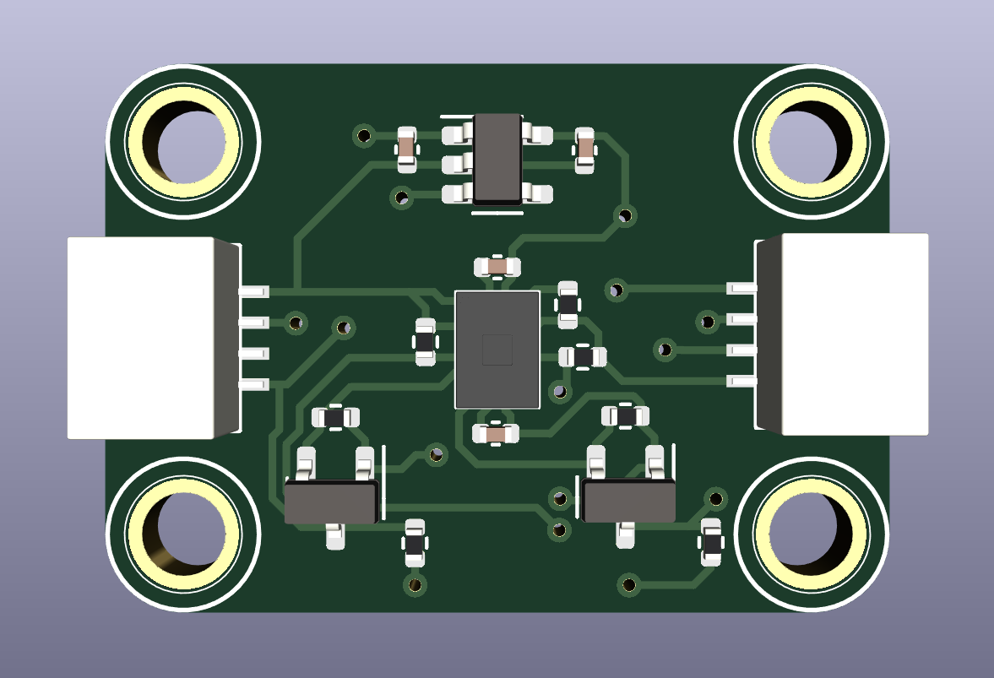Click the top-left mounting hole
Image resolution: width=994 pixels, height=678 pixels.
click(x=182, y=141)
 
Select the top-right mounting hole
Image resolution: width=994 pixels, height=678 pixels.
click(x=811, y=141)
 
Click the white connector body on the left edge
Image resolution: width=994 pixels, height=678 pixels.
click(x=140, y=338)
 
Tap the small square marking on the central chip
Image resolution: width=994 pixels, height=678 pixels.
click(x=497, y=350)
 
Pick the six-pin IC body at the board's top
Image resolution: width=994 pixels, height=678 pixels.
click(x=497, y=160)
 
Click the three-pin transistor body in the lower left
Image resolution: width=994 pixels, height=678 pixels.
click(x=330, y=502)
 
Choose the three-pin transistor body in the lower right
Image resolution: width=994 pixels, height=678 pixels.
click(x=629, y=502)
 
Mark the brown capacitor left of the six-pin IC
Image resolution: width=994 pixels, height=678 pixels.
click(x=406, y=149)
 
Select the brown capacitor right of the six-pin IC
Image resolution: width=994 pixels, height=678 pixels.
click(x=584, y=149)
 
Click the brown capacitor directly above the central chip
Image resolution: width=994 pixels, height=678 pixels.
click(x=497, y=268)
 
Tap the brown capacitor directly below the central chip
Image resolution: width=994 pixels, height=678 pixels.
click(x=496, y=434)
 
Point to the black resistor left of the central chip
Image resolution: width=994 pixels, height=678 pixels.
click(x=425, y=342)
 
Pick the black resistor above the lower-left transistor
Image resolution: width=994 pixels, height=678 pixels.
click(x=335, y=416)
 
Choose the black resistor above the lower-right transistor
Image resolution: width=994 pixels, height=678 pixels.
click(x=625, y=415)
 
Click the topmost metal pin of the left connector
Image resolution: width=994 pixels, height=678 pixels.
click(x=254, y=291)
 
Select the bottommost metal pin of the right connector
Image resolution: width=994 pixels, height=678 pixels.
click(x=741, y=382)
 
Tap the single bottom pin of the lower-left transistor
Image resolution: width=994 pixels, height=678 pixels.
click(x=335, y=536)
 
